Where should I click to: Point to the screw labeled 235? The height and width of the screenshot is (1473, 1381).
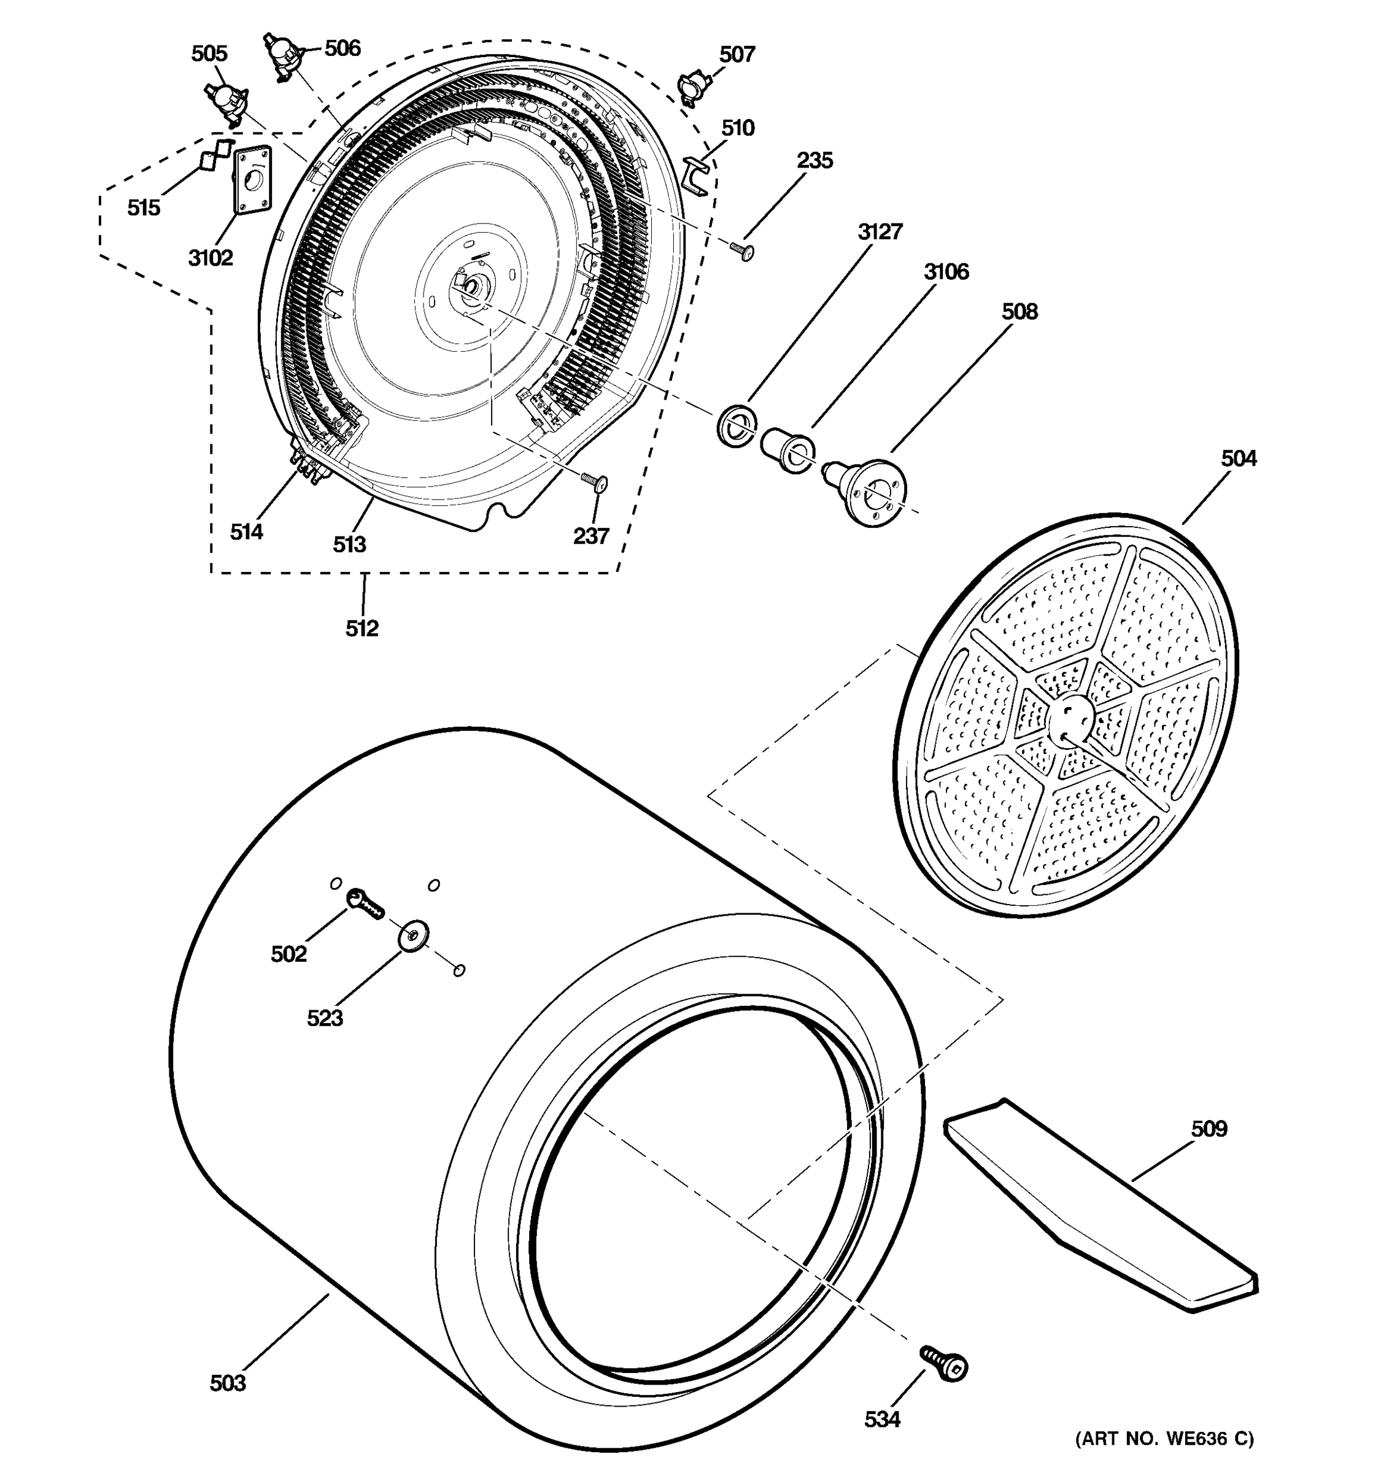click(742, 251)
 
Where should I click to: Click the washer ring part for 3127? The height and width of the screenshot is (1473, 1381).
click(737, 426)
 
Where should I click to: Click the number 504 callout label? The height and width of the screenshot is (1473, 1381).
click(1239, 458)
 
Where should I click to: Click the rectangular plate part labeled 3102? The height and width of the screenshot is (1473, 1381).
click(252, 180)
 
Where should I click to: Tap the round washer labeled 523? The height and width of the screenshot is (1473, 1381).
click(414, 937)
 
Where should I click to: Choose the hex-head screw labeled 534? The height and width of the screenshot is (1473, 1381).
click(945, 1362)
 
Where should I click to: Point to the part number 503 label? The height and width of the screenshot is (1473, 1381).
click(228, 1383)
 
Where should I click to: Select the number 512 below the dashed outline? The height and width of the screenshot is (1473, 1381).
click(362, 628)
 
